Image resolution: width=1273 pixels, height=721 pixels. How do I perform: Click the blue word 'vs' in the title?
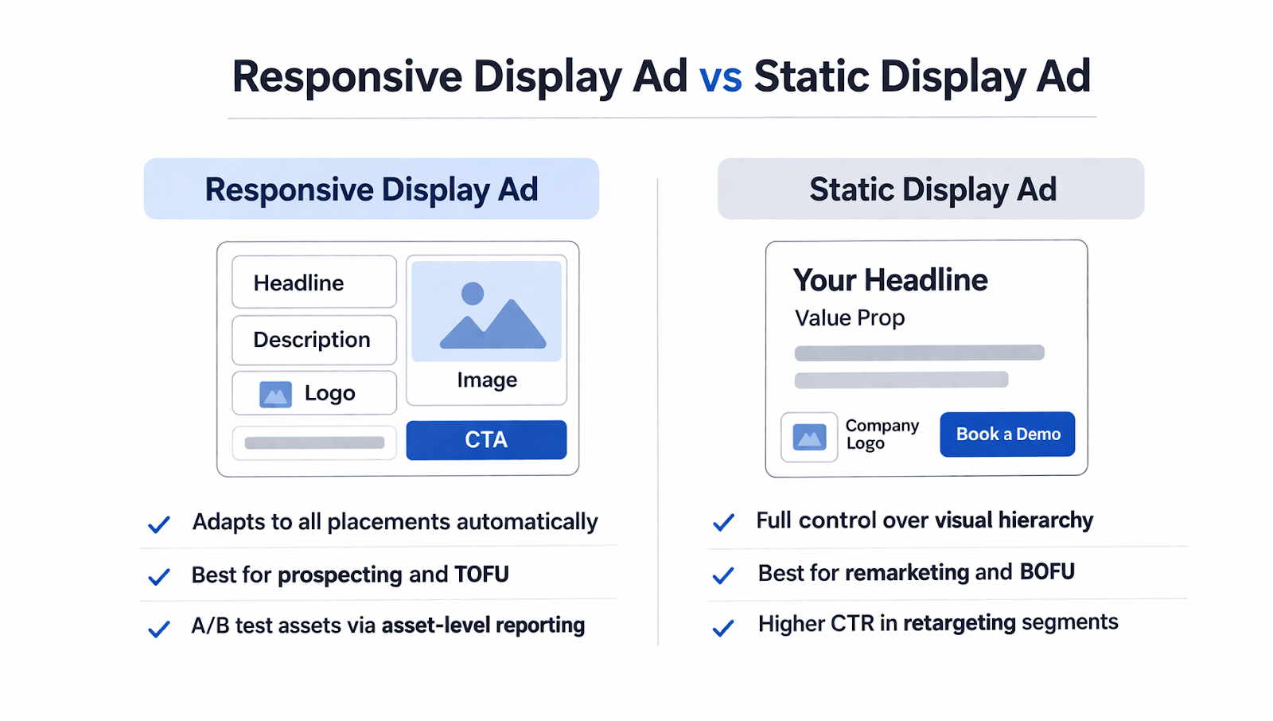[x=720, y=77]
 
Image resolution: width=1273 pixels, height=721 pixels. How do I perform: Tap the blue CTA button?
[x=486, y=440]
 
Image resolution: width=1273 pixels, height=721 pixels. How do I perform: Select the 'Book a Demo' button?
[x=1007, y=435]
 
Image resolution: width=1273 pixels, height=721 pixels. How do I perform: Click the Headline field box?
[x=314, y=283]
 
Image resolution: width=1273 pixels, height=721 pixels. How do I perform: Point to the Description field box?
[x=314, y=340]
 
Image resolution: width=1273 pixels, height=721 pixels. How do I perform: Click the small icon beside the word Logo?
[x=275, y=394]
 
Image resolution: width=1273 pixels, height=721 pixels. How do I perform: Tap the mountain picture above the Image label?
[x=487, y=312]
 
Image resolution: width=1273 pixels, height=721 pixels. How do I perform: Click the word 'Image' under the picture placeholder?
[x=487, y=380]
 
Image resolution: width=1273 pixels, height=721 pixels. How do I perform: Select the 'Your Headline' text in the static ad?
[x=890, y=280]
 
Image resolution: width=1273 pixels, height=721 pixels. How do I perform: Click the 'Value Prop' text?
[x=850, y=318]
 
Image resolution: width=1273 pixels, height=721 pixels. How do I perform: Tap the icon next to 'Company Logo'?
[x=809, y=437]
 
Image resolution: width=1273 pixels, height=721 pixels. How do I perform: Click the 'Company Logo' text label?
[x=882, y=435]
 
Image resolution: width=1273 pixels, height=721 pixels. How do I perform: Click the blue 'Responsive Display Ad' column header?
[x=372, y=189]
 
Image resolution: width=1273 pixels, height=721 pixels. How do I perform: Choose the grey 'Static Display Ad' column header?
[x=931, y=189]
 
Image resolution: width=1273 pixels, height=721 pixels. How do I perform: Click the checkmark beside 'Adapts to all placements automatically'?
[x=159, y=524]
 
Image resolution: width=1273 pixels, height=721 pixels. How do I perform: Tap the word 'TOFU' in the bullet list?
[x=481, y=575]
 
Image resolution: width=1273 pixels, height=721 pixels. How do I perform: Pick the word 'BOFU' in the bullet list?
[x=1047, y=572]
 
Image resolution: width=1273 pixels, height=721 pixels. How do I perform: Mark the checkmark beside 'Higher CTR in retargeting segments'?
[x=723, y=628]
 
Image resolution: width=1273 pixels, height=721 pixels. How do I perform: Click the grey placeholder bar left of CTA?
[x=314, y=443]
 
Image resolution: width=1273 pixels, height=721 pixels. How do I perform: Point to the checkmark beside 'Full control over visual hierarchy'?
[x=723, y=523]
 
